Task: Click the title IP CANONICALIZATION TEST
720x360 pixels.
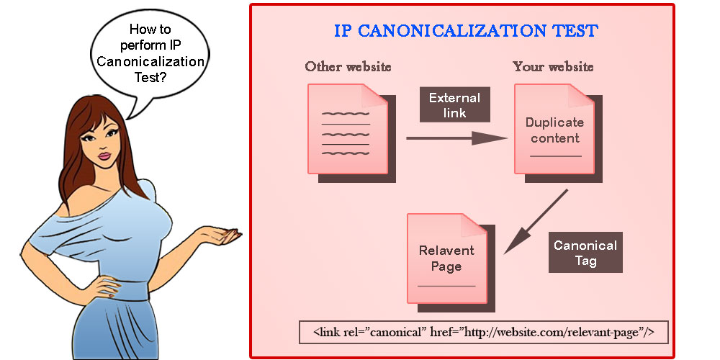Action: (465, 31)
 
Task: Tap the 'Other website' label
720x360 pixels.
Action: (348, 67)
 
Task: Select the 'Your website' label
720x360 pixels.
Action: (553, 67)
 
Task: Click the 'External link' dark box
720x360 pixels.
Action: (454, 105)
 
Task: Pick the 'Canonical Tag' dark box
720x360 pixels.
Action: (585, 252)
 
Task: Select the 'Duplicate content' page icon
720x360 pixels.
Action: (554, 130)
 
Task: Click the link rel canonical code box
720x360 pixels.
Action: (483, 332)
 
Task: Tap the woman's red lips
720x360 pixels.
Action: (104, 156)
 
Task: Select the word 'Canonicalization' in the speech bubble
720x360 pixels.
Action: (150, 61)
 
